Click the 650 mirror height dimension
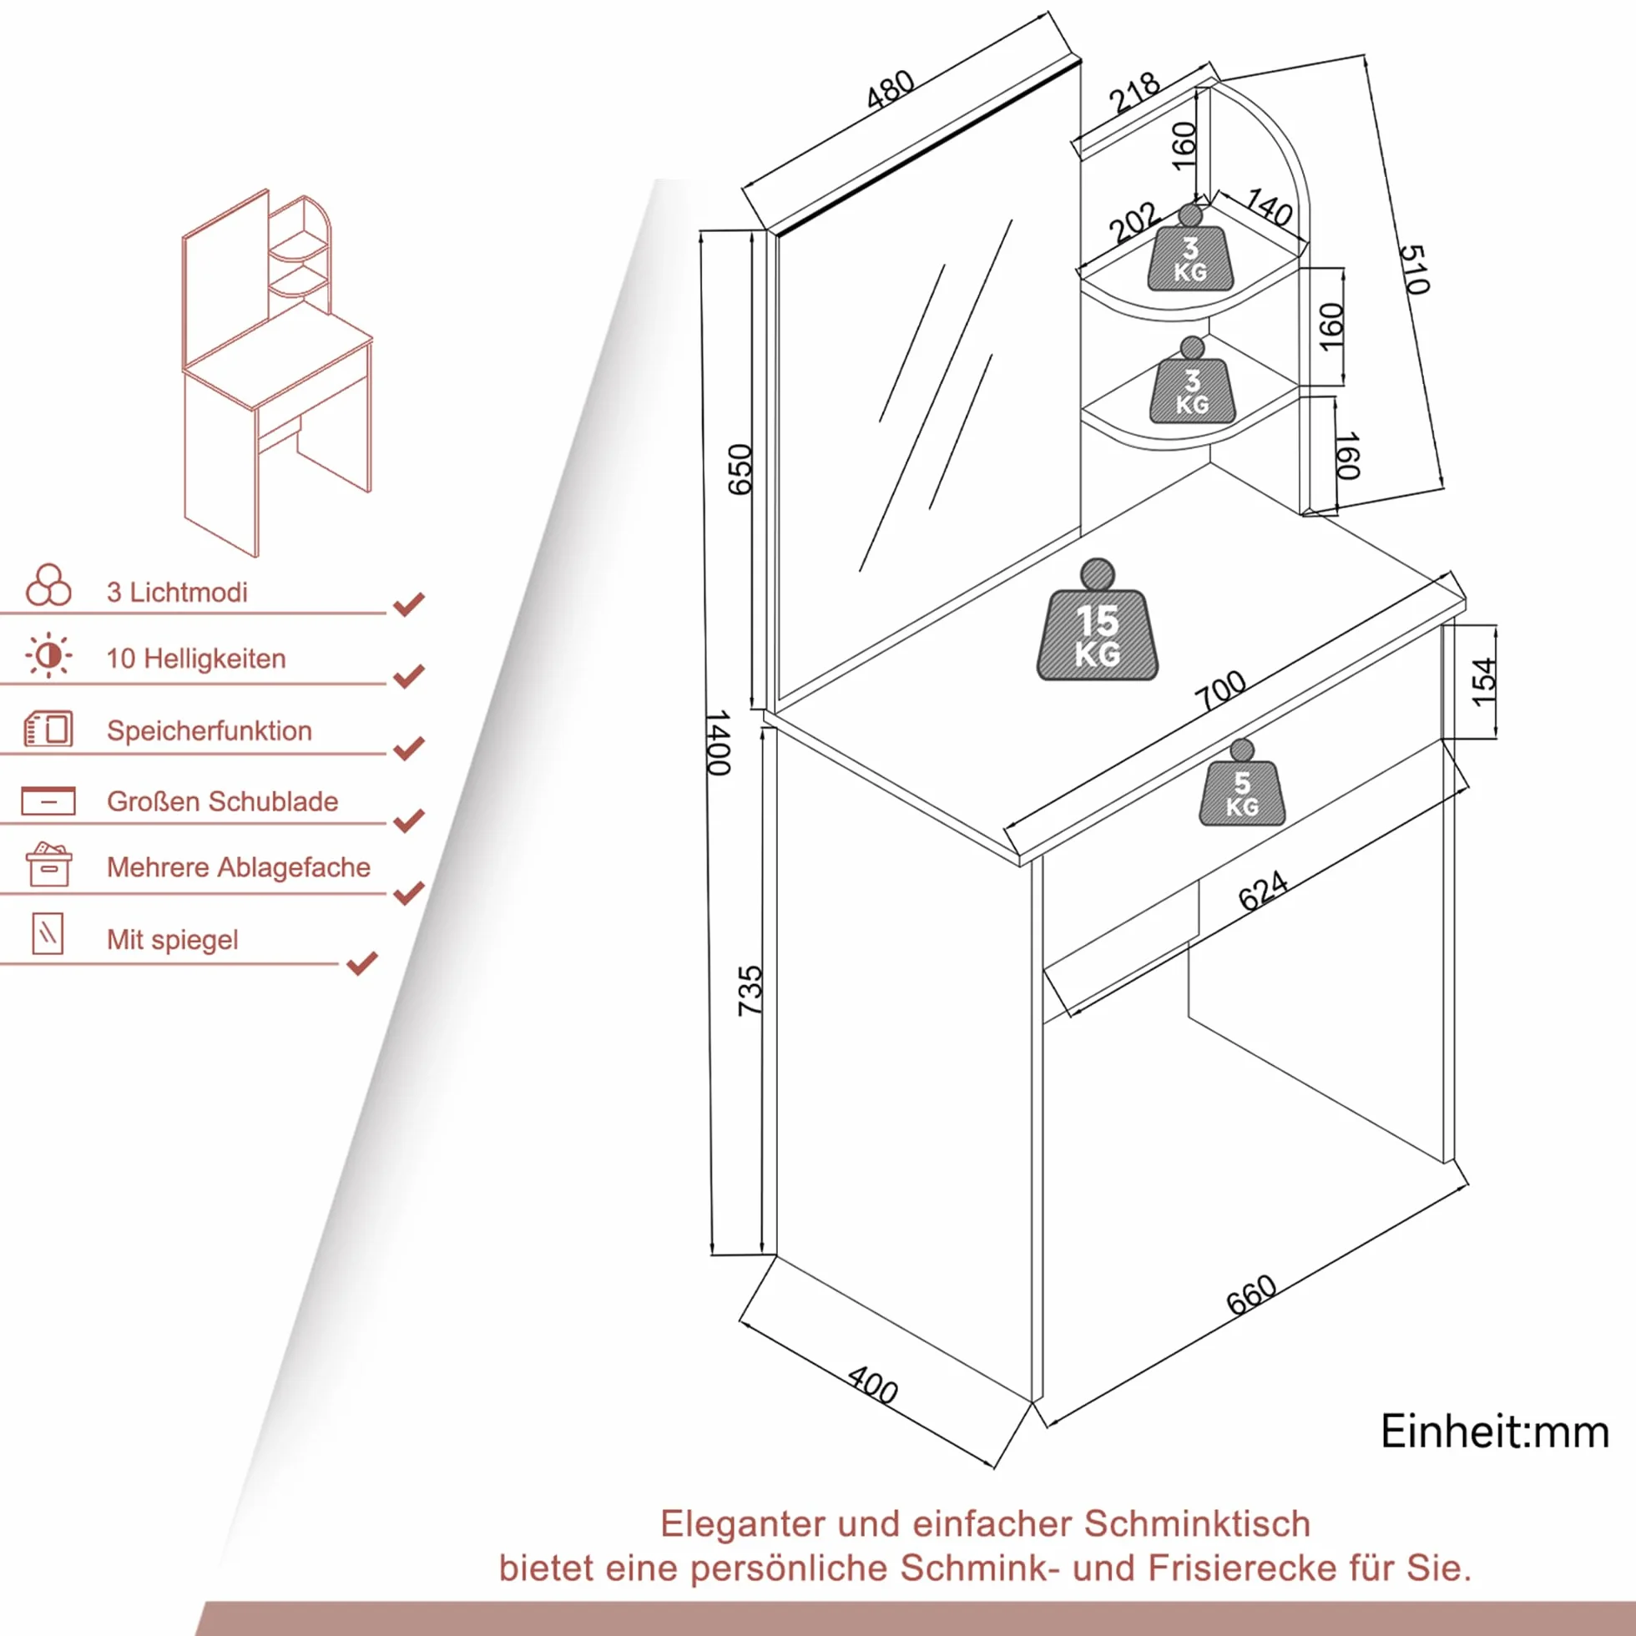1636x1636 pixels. click(740, 469)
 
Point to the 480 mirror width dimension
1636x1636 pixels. click(890, 89)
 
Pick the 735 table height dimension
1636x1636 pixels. click(750, 991)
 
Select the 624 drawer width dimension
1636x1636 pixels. click(1263, 891)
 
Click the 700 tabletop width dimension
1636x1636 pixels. click(1220, 690)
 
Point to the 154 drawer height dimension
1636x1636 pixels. click(1484, 682)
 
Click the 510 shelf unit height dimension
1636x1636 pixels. click(1415, 270)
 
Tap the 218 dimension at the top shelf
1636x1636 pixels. click(1134, 93)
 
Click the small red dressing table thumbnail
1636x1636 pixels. click(278, 373)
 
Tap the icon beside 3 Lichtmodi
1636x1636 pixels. click(49, 585)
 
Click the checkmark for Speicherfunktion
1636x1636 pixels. click(409, 748)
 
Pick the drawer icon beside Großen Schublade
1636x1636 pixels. click(48, 800)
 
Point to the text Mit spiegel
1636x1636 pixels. click(173, 939)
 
